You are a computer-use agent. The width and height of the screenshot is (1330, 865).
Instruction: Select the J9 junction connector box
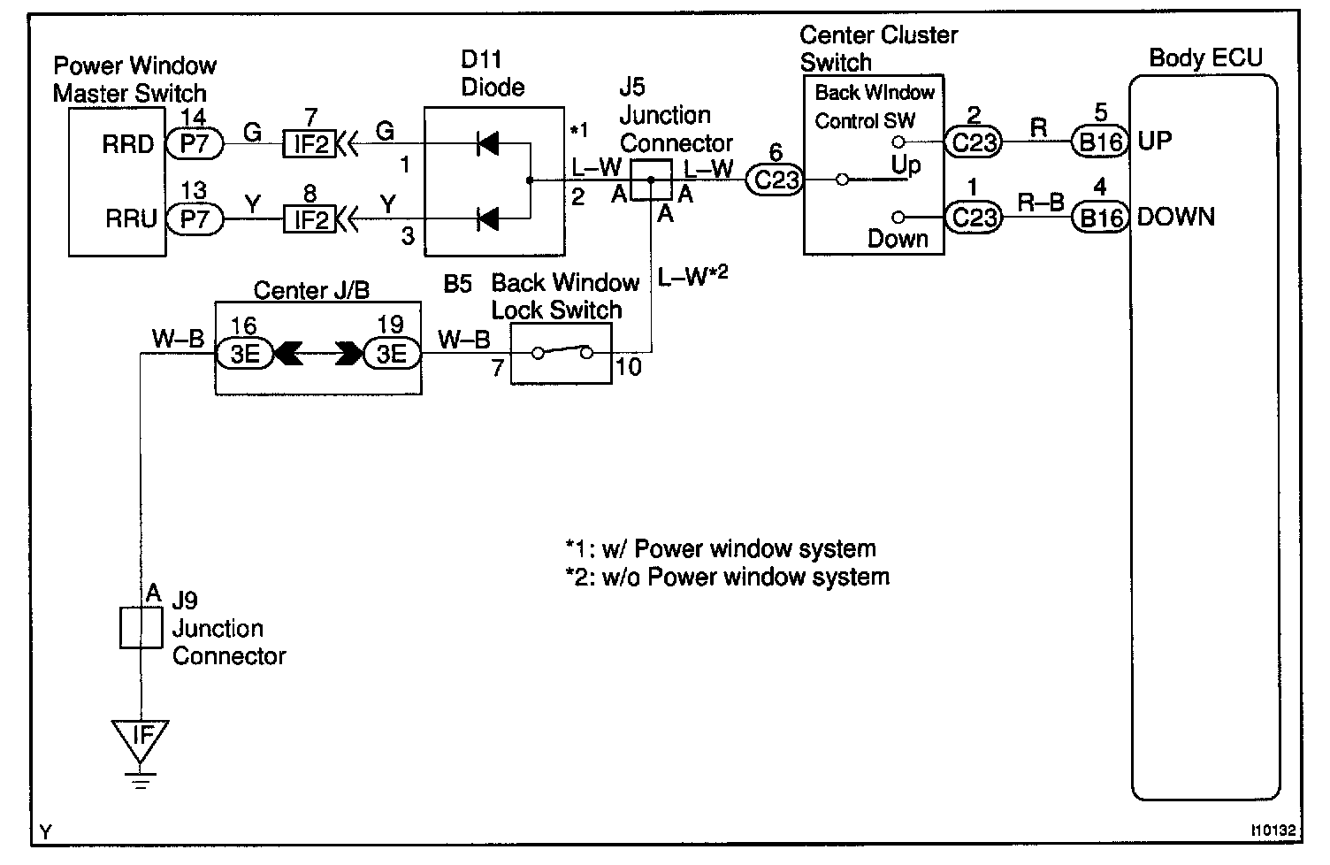141,627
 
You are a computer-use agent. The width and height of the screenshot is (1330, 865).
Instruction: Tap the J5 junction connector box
650,180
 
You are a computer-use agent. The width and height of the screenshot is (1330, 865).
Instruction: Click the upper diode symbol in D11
486,143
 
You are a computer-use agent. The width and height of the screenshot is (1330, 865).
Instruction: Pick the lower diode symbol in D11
486,218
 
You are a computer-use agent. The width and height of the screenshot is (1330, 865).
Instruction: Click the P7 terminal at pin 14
194,143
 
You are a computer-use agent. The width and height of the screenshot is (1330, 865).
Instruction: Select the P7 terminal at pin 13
194,218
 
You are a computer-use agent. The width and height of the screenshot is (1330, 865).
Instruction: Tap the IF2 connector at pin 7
310,143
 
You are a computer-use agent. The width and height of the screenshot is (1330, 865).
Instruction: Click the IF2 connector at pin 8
310,218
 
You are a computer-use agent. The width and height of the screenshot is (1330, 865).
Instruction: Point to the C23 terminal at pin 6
776,180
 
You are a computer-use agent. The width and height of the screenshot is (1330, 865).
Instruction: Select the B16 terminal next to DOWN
1100,217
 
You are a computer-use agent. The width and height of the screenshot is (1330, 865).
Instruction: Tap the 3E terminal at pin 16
244,355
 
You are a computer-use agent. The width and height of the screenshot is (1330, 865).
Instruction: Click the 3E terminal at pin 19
391,355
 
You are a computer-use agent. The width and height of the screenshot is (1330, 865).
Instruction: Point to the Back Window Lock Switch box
562,354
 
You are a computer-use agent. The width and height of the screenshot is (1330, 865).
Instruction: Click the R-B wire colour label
1040,203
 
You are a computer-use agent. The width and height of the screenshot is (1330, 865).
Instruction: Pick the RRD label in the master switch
127,144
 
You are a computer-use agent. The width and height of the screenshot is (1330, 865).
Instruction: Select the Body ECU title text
1205,58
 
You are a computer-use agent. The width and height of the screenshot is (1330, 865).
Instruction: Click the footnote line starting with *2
727,578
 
